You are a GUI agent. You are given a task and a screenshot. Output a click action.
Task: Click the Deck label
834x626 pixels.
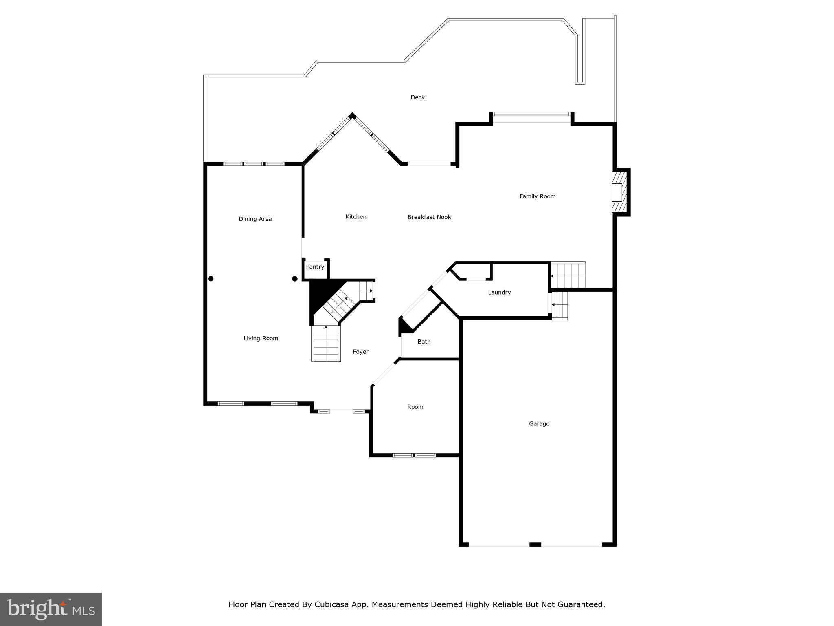[417, 97]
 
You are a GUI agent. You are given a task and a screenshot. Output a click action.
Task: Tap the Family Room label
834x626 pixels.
[538, 196]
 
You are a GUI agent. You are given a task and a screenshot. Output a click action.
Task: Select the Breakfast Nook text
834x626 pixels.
[429, 217]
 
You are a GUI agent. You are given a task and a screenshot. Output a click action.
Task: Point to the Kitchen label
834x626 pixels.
[356, 217]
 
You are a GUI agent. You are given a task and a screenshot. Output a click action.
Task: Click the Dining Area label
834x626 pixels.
[255, 219]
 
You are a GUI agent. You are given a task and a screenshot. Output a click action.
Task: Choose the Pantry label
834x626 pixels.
[315, 267]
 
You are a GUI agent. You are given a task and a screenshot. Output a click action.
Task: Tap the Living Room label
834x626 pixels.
[261, 338]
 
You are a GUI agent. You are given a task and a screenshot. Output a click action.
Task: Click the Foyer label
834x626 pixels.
[360, 352]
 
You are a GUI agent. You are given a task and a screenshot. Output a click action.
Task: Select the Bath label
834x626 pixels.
[424, 342]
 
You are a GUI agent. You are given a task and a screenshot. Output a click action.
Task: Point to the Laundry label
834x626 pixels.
[499, 293]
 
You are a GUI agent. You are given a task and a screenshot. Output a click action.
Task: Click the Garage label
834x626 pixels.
[539, 424]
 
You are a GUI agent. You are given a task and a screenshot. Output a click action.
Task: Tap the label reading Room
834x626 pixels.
[415, 407]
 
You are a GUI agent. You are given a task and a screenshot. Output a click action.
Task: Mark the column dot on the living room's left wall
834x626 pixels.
[211, 279]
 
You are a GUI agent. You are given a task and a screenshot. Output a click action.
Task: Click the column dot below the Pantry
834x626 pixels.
[295, 279]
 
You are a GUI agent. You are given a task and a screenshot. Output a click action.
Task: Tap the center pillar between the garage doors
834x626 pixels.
[535, 544]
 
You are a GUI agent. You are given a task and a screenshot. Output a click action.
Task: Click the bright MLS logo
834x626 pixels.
[51, 609]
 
